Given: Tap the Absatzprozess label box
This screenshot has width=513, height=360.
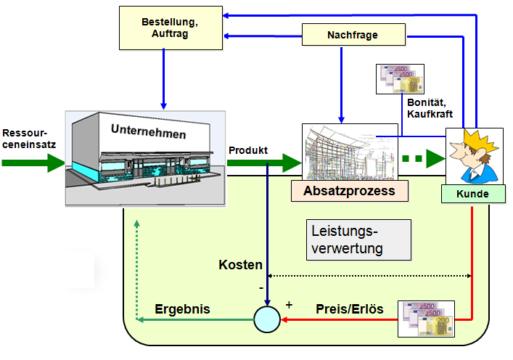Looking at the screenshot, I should point(349,191).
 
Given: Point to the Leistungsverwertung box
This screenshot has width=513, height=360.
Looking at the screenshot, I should point(357,240).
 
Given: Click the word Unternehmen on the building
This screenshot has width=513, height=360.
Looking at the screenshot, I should point(148,134).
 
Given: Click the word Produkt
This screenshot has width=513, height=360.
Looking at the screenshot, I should point(248,150).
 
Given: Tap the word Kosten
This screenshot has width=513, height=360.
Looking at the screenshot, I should point(240,265).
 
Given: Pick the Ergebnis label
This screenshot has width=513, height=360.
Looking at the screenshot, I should point(182,308).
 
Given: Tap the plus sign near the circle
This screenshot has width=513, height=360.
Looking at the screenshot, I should point(288,305).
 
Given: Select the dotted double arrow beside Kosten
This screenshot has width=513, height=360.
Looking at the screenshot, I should point(370,276).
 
